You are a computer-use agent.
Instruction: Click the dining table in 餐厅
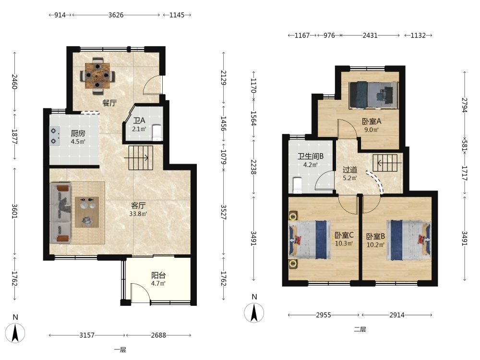(97, 75)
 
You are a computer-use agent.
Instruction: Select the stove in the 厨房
(55, 136)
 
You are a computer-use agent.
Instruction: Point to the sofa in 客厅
(60, 213)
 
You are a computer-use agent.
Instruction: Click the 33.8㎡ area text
(138, 214)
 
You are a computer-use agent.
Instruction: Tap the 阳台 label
(158, 275)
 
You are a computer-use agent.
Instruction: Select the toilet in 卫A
(157, 132)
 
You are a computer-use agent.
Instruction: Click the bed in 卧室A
(373, 95)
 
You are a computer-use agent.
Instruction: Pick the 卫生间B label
(311, 156)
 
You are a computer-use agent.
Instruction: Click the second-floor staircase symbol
(387, 163)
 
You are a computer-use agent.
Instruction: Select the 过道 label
(349, 169)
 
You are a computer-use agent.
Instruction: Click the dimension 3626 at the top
(116, 15)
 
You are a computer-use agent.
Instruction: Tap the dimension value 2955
(324, 315)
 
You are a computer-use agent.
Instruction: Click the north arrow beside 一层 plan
(15, 333)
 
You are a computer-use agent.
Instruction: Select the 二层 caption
(360, 329)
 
